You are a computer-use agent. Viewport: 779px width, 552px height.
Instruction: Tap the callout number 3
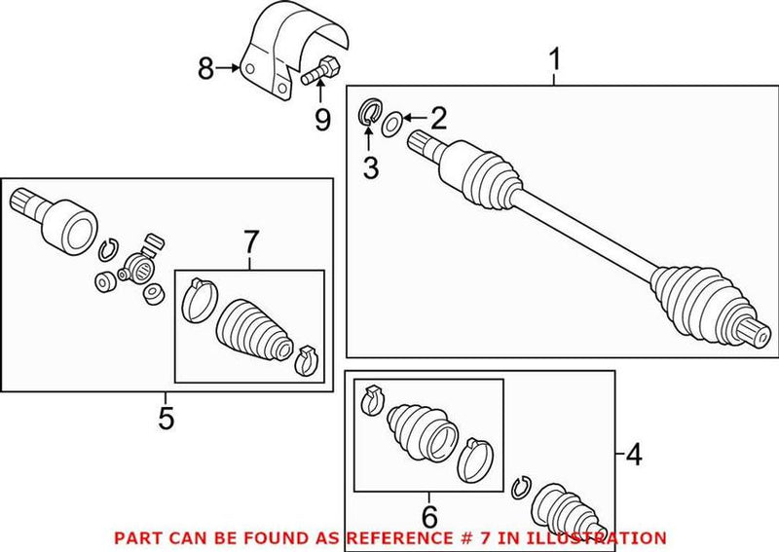(x=370, y=167)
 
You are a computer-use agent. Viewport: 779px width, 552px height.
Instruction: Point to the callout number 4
(x=635, y=453)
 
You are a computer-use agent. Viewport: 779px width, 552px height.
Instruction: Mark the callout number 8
(x=205, y=68)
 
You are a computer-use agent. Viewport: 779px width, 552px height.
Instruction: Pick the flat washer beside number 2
(x=390, y=124)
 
